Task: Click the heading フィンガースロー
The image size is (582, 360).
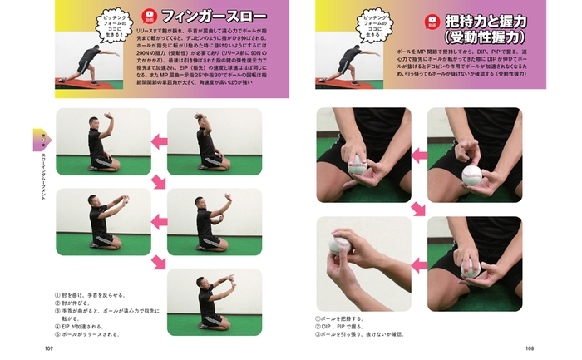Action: click(214, 16)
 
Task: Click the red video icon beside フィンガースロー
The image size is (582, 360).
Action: click(150, 16)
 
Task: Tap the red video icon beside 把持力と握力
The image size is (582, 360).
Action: click(432, 23)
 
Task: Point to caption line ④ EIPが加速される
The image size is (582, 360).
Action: click(79, 326)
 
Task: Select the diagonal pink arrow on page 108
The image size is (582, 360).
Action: click(420, 206)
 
